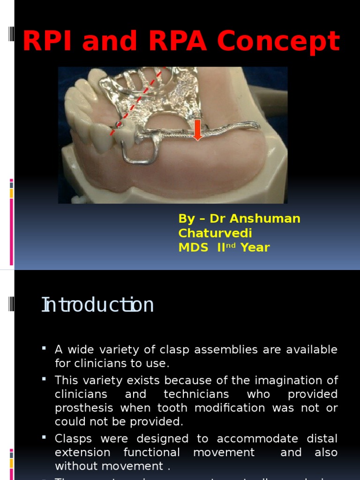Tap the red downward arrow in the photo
197,129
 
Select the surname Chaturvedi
215,233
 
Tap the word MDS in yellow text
193,247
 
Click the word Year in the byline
255,247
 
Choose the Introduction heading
97,305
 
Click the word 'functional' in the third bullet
151,452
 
